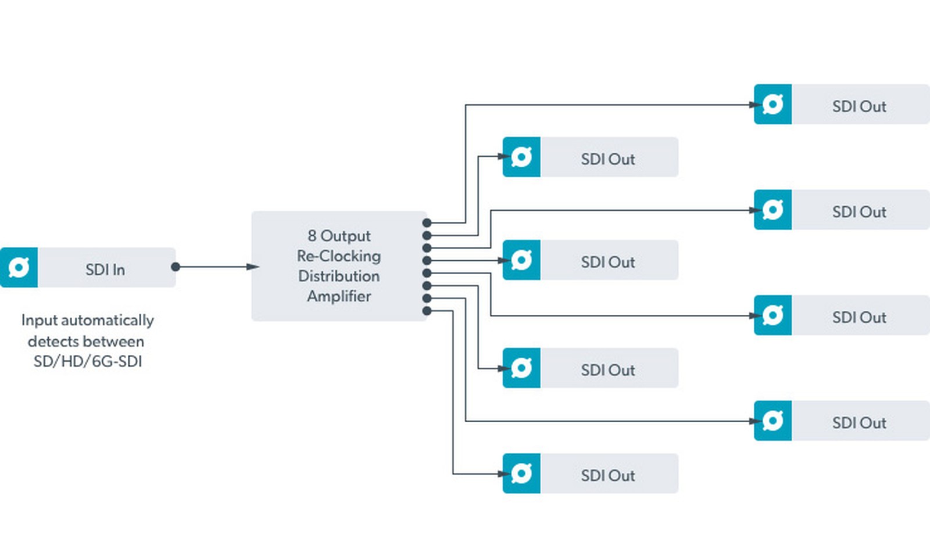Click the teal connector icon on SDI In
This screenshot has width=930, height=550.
coord(19,268)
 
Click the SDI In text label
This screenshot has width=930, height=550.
coord(105,269)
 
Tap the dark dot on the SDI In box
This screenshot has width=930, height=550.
coord(176,267)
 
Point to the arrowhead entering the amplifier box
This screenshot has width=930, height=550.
coord(253,267)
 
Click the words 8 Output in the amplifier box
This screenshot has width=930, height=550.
coord(339,236)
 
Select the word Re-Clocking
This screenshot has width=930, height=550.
coord(339,256)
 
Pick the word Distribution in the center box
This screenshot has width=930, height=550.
coord(339,276)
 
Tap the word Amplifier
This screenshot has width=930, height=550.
coord(339,296)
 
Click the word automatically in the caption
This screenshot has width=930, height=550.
coord(108,321)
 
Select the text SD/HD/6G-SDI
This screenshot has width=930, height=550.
coord(88,362)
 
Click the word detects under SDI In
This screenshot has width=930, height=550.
coord(53,341)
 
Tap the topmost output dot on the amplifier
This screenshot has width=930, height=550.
coord(427,223)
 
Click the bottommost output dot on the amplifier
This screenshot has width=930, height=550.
coord(427,311)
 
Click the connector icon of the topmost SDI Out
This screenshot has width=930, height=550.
coord(772,104)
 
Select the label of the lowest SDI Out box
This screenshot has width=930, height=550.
coord(608,475)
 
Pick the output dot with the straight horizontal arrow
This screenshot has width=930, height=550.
coord(427,261)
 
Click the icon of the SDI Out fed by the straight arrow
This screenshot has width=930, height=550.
coord(521,260)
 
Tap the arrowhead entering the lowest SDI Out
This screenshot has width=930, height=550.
coord(504,474)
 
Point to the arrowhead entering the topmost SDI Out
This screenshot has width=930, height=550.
coord(756,105)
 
